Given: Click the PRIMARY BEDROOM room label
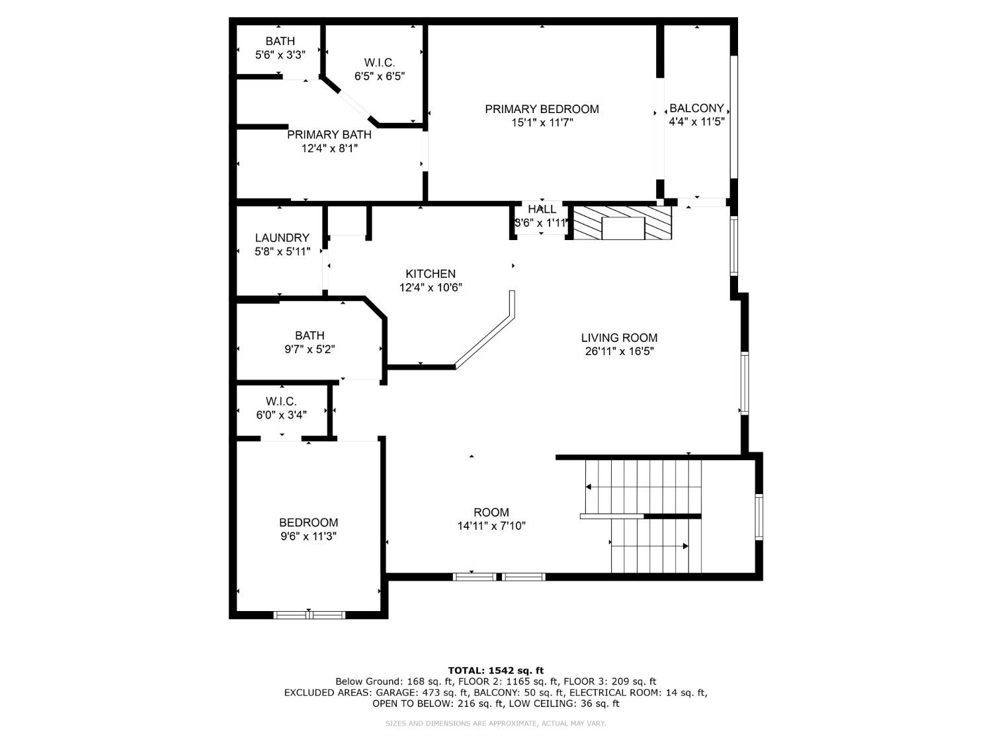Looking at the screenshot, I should pyautogui.click(x=542, y=109).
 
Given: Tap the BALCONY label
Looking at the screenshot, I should pyautogui.click(x=696, y=108).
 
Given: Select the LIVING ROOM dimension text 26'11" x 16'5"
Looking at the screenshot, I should pyautogui.click(x=619, y=352).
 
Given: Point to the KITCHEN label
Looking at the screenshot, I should pyautogui.click(x=430, y=274).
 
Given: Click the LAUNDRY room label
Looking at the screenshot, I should pyautogui.click(x=282, y=238).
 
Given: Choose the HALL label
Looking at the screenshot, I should pyautogui.click(x=542, y=210).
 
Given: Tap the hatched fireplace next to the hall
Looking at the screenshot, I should pyautogui.click(x=622, y=222).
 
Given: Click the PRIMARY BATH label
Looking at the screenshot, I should pyautogui.click(x=329, y=135).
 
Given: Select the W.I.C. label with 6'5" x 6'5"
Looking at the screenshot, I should pyautogui.click(x=379, y=63).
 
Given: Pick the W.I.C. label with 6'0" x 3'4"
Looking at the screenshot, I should pyautogui.click(x=281, y=401).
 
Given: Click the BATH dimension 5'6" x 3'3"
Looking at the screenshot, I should pyautogui.click(x=280, y=55).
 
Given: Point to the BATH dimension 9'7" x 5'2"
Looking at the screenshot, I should pyautogui.click(x=310, y=349).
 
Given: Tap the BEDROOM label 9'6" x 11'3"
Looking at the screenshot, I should pyautogui.click(x=308, y=522).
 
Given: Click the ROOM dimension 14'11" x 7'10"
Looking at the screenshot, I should pyautogui.click(x=491, y=526).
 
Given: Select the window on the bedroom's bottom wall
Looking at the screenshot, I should pyautogui.click(x=310, y=615).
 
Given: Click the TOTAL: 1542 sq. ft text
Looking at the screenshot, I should pyautogui.click(x=495, y=671).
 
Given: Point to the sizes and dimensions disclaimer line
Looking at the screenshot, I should pyautogui.click(x=495, y=723).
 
